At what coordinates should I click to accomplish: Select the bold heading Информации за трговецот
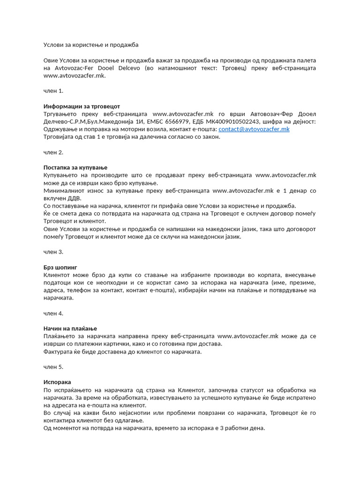78,106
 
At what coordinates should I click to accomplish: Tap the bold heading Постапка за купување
75,167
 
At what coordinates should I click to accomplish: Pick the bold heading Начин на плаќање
70,328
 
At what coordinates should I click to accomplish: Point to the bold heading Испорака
57,382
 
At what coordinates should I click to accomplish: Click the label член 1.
53,90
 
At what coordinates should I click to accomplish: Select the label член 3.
53,252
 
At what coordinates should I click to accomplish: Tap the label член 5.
53,367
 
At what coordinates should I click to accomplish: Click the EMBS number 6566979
176,121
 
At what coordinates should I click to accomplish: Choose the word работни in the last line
230,428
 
